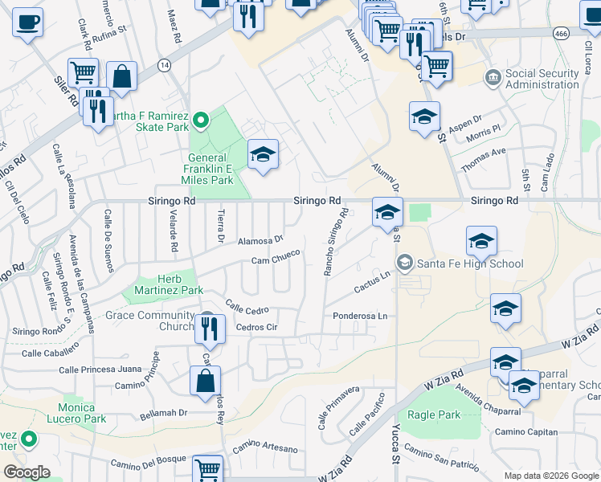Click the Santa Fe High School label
click(x=469, y=263)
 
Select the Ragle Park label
click(x=434, y=415)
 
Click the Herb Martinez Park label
click(x=169, y=284)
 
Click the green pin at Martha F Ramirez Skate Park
click(x=201, y=120)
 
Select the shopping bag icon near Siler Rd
click(x=121, y=77)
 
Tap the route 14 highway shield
click(x=164, y=64)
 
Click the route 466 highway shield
click(x=561, y=34)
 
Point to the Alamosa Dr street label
click(x=260, y=239)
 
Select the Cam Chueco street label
click(x=275, y=258)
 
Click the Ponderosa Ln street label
click(x=360, y=316)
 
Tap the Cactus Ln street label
click(x=372, y=282)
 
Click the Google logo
click(x=26, y=472)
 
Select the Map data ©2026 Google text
click(x=551, y=476)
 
